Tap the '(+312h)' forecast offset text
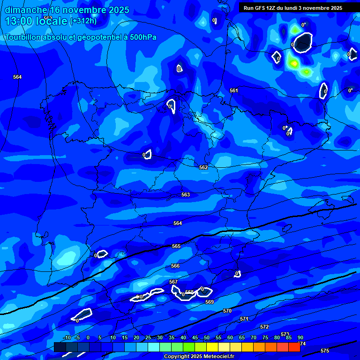click(x=83, y=21)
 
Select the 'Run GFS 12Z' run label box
click(x=293, y=8)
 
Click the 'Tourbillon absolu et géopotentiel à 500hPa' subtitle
click(x=81, y=37)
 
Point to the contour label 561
click(x=234, y=90)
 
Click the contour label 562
click(x=203, y=167)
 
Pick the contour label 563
click(x=186, y=195)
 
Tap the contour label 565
click(x=176, y=246)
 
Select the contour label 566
click(x=175, y=266)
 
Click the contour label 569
click(x=210, y=302)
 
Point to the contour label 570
click(x=227, y=311)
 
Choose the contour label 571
click(x=244, y=319)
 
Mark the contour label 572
click(x=264, y=327)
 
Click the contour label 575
click(x=325, y=351)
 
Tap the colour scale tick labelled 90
click(x=300, y=337)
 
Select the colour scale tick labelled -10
click(x=67, y=337)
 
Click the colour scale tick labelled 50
click(x=207, y=337)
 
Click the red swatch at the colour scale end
click(x=294, y=347)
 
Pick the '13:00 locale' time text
click(x=36, y=21)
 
